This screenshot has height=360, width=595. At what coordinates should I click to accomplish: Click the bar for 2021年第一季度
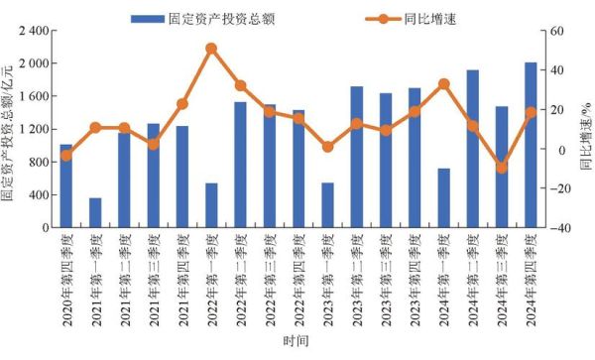tap(95, 212)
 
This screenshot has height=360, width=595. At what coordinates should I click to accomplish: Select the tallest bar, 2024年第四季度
tap(531, 145)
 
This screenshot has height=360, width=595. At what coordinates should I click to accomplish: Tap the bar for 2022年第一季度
tap(211, 205)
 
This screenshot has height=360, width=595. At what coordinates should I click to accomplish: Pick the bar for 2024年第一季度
tap(443, 197)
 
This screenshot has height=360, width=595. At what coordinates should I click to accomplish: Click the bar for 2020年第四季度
tap(65, 185)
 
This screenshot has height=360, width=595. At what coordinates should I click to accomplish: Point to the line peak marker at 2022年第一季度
tap(211, 48)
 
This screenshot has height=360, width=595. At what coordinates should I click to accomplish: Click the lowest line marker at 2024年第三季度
tap(502, 168)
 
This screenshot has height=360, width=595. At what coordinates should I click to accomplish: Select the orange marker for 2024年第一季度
tap(443, 84)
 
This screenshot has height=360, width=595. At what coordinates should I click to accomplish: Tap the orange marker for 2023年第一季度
tap(327, 147)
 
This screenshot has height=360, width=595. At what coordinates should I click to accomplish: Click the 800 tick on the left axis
tap(39, 162)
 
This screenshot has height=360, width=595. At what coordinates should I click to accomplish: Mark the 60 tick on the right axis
tap(556, 31)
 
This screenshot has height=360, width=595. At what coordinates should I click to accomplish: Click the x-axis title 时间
tap(297, 340)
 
